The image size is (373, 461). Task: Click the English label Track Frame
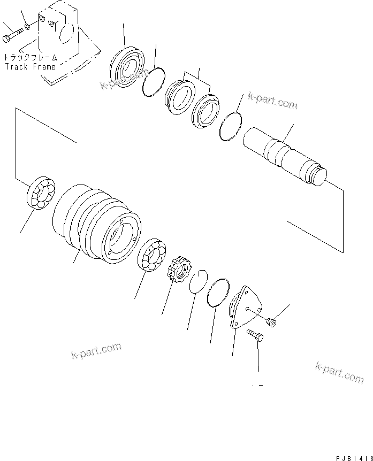coord(30,67)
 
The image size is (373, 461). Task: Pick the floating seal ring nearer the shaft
coord(204,110)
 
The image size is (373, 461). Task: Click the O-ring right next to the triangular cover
coord(218,293)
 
